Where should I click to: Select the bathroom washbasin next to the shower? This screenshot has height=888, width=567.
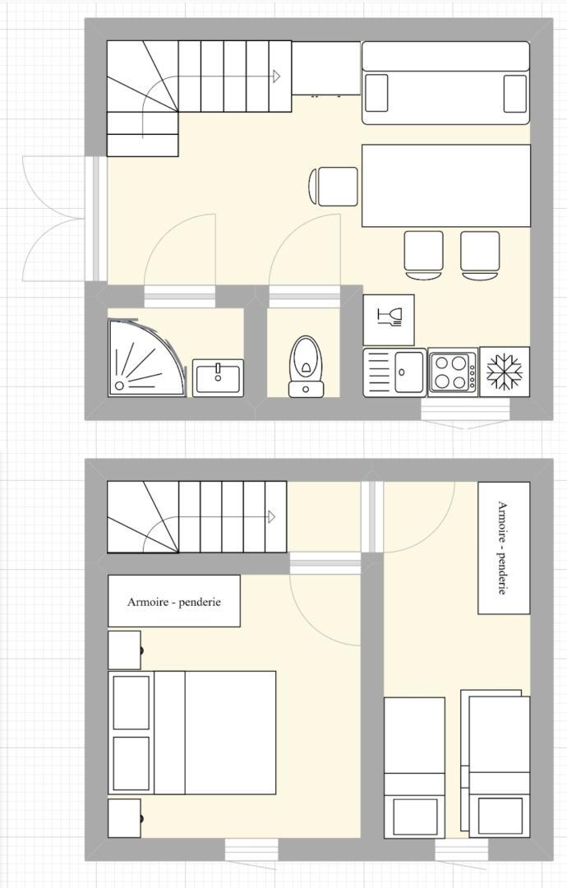(x=218, y=377)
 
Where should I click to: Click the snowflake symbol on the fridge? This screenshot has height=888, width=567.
(x=505, y=372)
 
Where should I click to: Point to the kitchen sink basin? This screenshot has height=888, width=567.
(x=409, y=372)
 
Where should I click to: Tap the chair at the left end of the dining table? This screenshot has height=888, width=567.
(x=334, y=187)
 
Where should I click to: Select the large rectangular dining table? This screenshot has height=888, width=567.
(x=446, y=186)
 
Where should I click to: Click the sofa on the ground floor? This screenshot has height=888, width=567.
(x=446, y=83)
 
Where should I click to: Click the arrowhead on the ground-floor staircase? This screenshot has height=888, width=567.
(x=277, y=76)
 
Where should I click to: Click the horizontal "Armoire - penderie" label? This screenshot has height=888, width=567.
(x=173, y=602)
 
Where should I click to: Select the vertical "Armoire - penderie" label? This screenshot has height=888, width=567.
(x=501, y=548)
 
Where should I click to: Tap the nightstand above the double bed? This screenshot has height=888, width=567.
(x=124, y=650)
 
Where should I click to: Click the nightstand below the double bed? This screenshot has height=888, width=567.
(x=124, y=818)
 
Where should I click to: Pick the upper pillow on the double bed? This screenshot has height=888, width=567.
(x=131, y=702)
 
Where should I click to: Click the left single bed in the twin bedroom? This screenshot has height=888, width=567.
(x=415, y=767)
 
